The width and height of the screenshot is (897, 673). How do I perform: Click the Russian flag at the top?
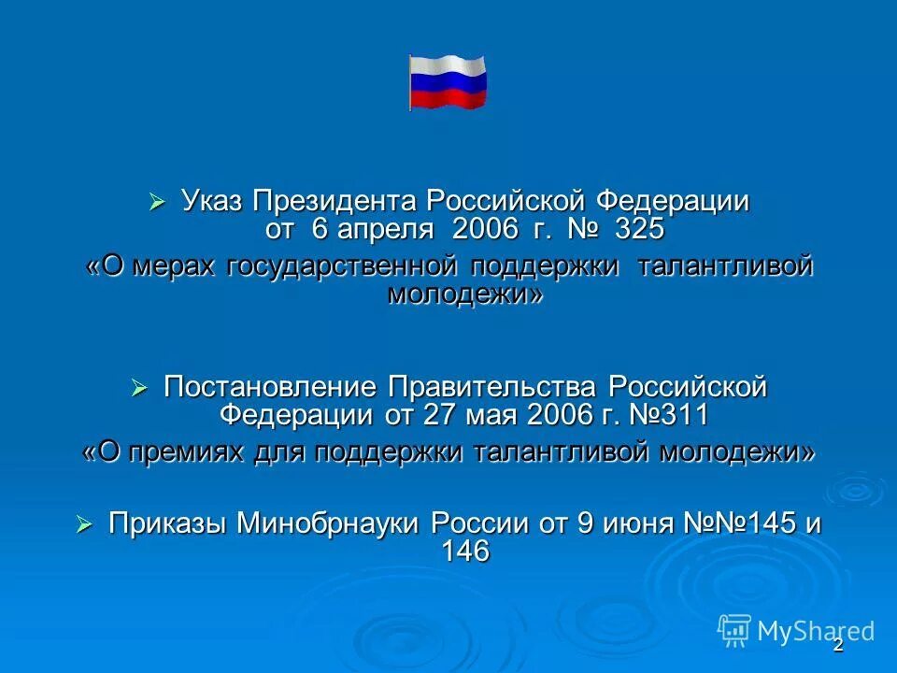448,82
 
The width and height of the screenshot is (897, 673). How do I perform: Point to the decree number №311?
672,413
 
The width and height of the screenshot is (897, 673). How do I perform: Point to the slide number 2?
838,645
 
